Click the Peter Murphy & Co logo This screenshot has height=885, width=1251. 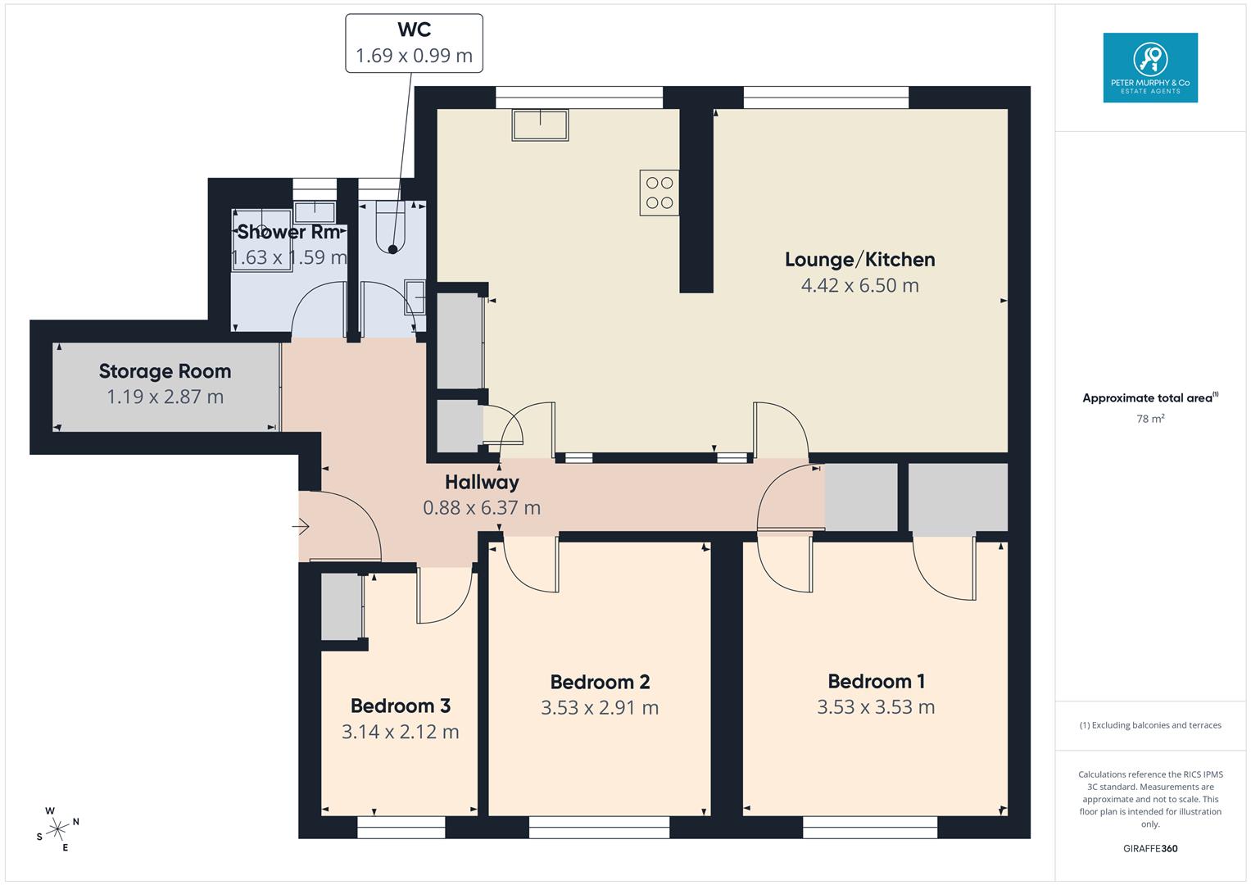(1150, 67)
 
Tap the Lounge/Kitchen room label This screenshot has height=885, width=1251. (859, 259)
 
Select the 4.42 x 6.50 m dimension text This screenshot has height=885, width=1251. (859, 285)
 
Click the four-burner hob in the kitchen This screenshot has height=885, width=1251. (659, 193)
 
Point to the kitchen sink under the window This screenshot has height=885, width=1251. (540, 125)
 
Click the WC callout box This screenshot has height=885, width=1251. (414, 43)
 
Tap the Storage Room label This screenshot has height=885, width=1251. (165, 371)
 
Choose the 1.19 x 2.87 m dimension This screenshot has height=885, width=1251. (165, 397)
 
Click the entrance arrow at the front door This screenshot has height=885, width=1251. (301, 526)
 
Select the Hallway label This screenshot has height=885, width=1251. (482, 482)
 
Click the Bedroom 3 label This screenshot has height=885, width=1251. (401, 706)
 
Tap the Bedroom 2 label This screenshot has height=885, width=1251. (600, 682)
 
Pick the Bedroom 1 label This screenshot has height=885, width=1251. (876, 681)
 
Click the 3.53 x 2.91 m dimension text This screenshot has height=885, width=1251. (600, 708)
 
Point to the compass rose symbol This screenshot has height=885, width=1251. (57, 829)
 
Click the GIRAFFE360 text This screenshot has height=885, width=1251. (1150, 848)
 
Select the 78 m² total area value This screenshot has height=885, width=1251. (1150, 419)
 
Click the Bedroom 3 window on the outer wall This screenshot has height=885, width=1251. (401, 827)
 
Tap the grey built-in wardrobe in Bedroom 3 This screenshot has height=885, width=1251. (342, 606)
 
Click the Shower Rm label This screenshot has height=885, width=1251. (288, 232)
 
